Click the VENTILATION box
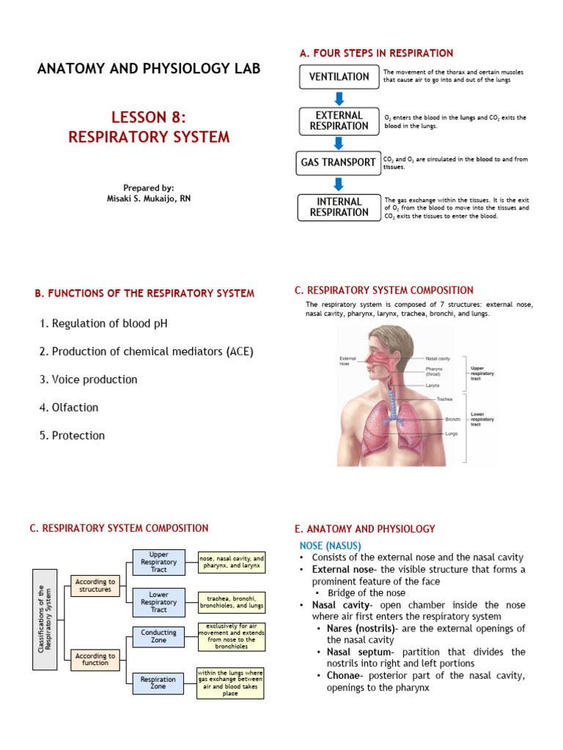(x=339, y=77)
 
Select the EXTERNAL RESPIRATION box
(x=339, y=121)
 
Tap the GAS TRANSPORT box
(x=339, y=163)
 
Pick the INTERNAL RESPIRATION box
(x=339, y=207)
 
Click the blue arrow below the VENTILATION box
(x=339, y=98)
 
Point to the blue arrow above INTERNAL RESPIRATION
(x=339, y=184)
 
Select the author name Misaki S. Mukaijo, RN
(x=149, y=198)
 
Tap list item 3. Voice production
(x=88, y=379)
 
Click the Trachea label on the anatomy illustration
(x=444, y=399)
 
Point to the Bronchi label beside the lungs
(x=452, y=419)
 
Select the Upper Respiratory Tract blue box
(x=158, y=562)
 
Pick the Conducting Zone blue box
(x=158, y=636)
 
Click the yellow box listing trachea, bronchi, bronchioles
(x=231, y=602)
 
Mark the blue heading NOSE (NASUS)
(x=330, y=545)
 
